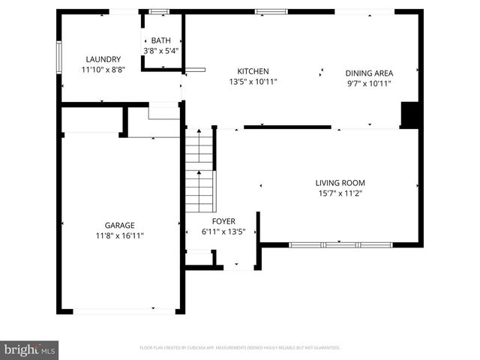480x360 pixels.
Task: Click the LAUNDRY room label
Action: [x=103, y=59]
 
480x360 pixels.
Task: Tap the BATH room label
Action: [x=160, y=40]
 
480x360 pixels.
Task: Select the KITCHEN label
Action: [x=253, y=72]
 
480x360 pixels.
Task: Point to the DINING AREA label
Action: [x=369, y=73]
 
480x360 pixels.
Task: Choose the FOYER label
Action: [x=223, y=221]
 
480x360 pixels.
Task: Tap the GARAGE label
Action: [x=119, y=225]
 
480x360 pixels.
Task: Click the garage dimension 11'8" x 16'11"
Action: [x=119, y=235]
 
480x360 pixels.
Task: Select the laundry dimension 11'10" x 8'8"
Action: [x=103, y=69]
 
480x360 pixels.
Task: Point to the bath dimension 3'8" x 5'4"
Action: [x=161, y=51]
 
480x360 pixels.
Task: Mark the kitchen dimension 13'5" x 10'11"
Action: [x=253, y=82]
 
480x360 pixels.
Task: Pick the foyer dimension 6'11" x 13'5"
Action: [x=223, y=232]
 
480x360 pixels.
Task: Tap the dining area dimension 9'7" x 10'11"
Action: [x=369, y=82]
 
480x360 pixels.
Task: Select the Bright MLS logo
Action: [x=30, y=349]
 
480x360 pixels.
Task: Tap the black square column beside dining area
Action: [x=409, y=115]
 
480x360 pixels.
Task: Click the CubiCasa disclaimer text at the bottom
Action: [x=240, y=348]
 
